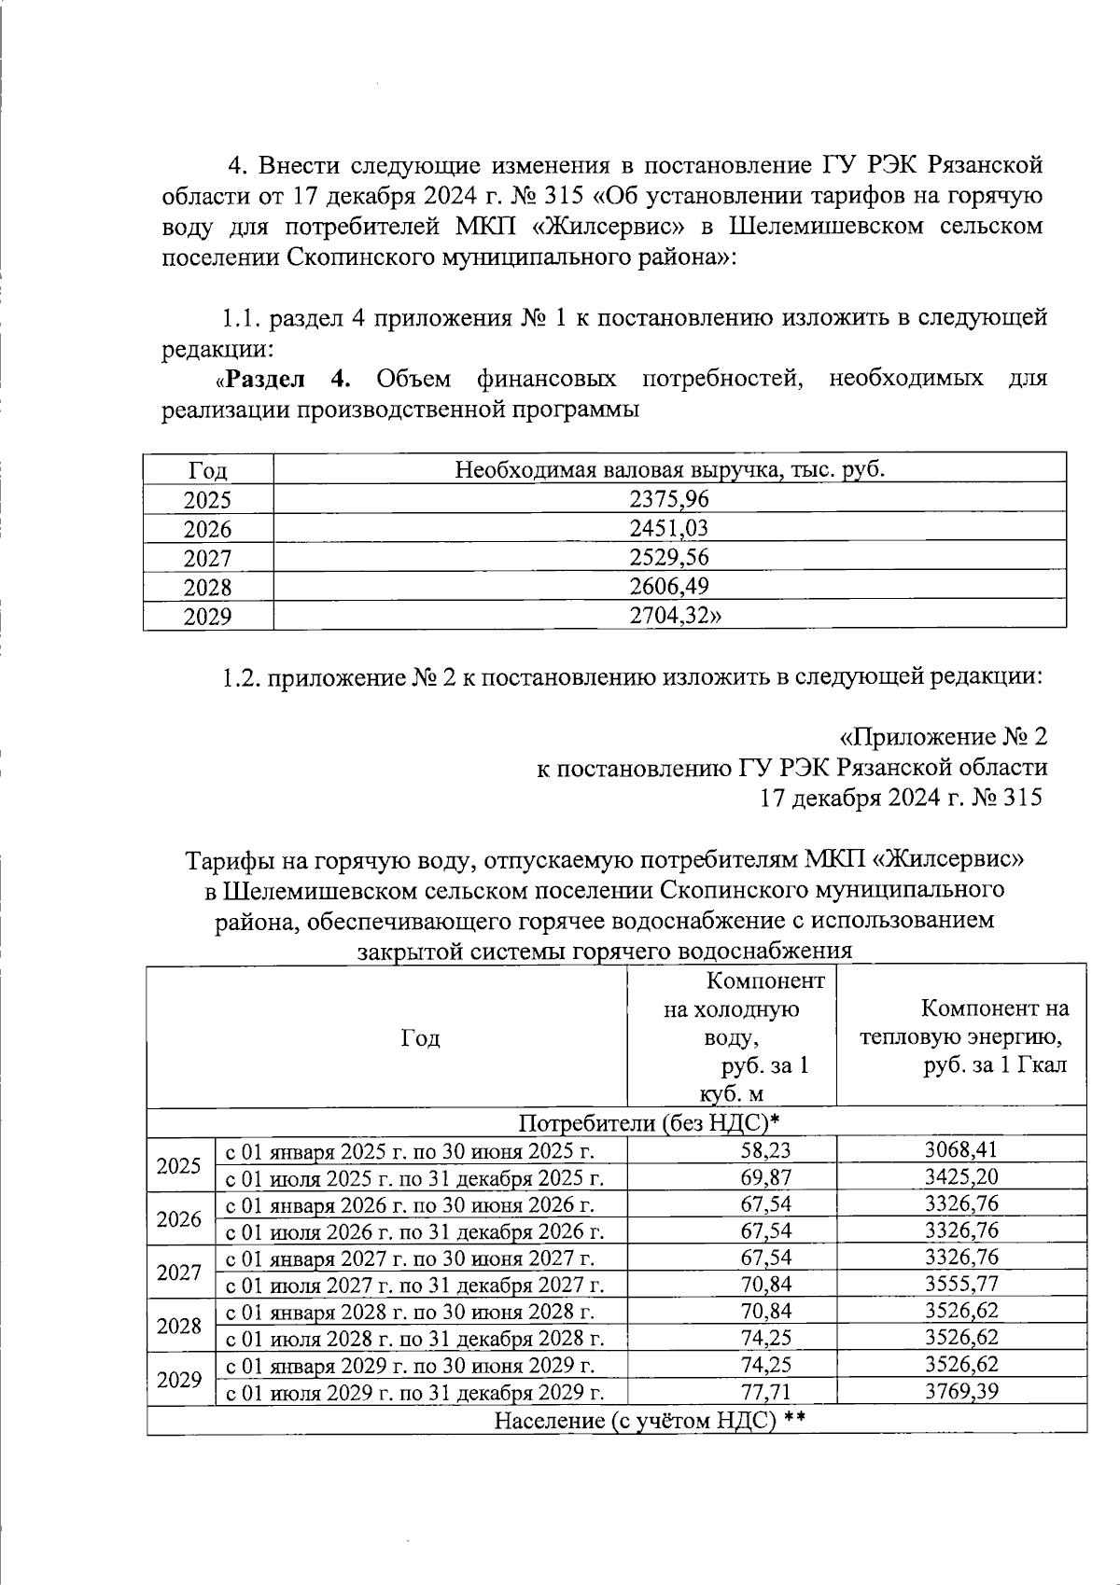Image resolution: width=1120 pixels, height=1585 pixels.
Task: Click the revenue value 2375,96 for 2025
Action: click(668, 499)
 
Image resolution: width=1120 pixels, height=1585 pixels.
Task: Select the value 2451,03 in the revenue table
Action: click(668, 528)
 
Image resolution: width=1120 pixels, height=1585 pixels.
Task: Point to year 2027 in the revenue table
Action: click(207, 558)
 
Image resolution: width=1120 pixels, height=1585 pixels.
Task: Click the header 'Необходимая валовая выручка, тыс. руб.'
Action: click(669, 469)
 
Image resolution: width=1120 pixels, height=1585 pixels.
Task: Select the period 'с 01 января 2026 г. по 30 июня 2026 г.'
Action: click(411, 1203)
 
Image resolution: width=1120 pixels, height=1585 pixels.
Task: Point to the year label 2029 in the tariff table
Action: click(179, 1379)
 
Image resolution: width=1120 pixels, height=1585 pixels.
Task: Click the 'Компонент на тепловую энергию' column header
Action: click(962, 1036)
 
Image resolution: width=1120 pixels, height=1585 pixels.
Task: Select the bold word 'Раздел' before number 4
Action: click(265, 379)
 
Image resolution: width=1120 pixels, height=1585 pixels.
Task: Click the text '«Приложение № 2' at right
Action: click(943, 737)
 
